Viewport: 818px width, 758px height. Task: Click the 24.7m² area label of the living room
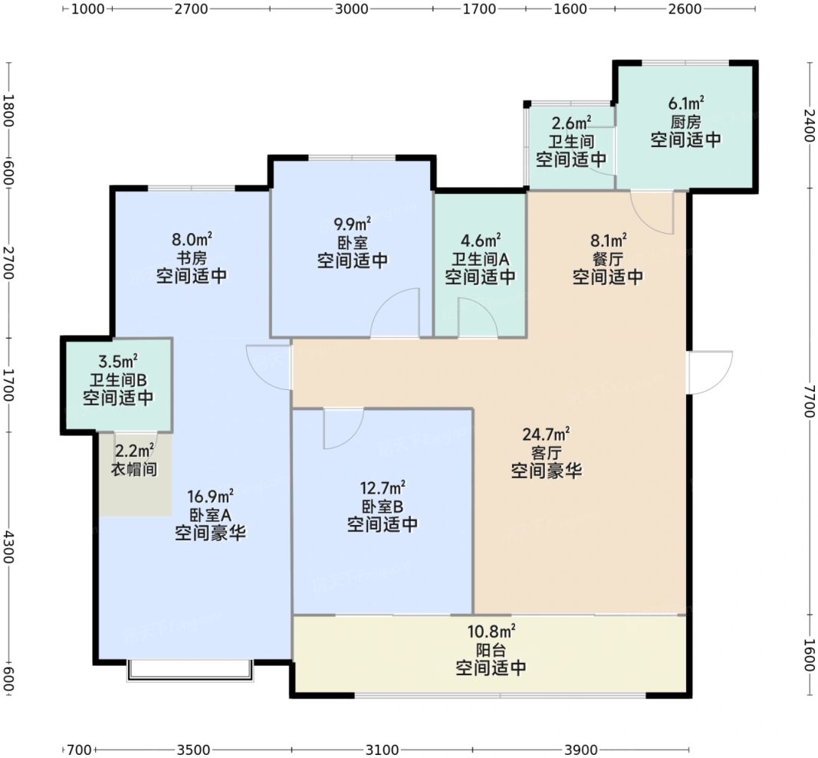546,434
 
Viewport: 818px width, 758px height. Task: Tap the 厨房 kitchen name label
685,122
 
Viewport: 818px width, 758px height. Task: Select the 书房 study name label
192,258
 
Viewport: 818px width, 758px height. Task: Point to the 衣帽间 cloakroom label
134,469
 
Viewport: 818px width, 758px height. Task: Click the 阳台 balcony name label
491,650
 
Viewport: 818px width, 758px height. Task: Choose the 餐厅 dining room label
608,258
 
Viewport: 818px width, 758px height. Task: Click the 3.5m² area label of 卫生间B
118,360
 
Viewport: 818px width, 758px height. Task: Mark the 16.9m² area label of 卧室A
210,496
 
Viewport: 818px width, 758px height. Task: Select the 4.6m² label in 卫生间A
481,241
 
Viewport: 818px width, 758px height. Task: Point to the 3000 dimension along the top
351,9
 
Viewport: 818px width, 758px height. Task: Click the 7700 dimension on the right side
808,401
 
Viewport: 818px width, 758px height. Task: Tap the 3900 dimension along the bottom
580,750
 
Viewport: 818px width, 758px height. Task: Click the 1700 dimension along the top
479,9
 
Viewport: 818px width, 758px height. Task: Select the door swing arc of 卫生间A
478,317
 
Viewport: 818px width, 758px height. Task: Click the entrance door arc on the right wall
711,372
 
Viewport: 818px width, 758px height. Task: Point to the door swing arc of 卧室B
344,429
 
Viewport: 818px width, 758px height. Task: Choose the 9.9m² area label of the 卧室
352,225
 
